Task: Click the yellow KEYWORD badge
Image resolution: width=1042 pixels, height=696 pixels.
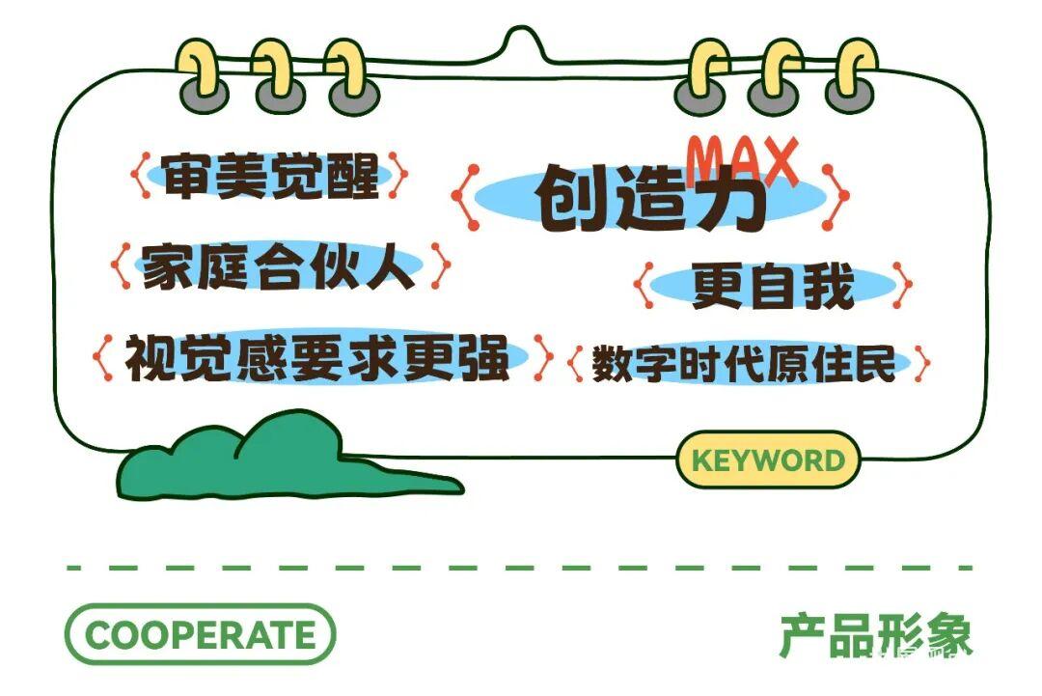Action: coord(768,459)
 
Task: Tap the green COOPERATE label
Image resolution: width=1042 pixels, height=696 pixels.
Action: coord(200,634)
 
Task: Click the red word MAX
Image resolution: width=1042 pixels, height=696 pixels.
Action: coord(742,160)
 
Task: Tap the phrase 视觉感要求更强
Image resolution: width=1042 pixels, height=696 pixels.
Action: coord(317,357)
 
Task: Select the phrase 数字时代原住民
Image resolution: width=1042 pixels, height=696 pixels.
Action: coord(744,363)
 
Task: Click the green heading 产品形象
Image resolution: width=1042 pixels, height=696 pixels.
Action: coord(876,635)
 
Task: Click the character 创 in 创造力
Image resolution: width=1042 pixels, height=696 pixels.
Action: coord(572,198)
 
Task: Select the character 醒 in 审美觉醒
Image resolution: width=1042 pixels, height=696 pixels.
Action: coord(353,176)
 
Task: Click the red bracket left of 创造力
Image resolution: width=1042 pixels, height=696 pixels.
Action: coord(465,198)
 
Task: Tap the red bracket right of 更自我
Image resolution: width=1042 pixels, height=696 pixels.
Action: coord(903,285)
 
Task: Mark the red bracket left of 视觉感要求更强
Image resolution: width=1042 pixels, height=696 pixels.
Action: coord(103,357)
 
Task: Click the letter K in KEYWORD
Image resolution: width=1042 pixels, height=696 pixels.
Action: coord(701,460)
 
